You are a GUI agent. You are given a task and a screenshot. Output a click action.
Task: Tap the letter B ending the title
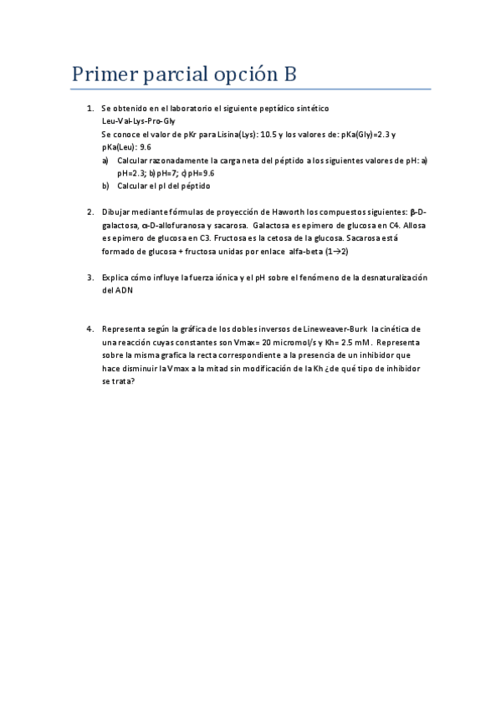click(x=289, y=74)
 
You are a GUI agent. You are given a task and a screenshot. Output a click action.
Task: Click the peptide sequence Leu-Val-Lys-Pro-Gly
click(x=138, y=121)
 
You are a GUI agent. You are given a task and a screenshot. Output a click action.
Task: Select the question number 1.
click(x=89, y=109)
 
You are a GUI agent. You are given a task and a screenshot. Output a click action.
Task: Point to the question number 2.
click(x=89, y=212)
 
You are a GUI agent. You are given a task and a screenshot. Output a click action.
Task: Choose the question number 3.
click(x=89, y=277)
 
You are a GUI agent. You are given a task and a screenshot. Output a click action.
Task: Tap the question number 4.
click(x=89, y=329)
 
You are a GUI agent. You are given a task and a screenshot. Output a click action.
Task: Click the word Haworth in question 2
click(x=275, y=212)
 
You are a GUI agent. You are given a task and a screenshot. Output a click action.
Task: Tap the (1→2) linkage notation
click(x=336, y=251)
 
